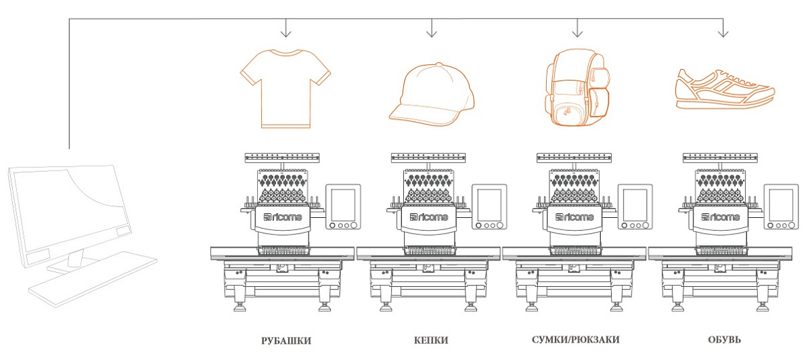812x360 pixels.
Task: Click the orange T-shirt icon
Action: tap(286, 88)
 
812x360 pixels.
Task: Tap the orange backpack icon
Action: tap(577, 88)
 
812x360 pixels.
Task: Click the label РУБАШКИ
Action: tap(286, 340)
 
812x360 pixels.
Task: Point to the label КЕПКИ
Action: tap(431, 340)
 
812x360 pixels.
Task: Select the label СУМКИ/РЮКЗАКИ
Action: tap(575, 339)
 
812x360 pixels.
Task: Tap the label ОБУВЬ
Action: tap(723, 340)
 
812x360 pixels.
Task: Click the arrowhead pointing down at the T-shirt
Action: tap(286, 32)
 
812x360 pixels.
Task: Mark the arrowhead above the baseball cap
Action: tap(432, 32)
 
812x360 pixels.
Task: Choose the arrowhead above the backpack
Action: tap(577, 32)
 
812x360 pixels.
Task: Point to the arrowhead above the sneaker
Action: tap(723, 32)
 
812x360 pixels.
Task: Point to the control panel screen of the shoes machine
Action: tap(781, 203)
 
